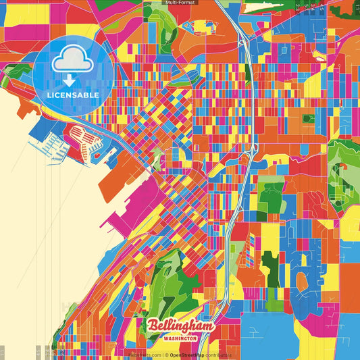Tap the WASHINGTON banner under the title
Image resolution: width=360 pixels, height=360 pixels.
pyautogui.click(x=180, y=337)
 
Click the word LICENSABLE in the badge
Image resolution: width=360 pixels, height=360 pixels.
pyautogui.click(x=73, y=95)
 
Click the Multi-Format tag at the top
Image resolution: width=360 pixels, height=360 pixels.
pyautogui.click(x=179, y=3)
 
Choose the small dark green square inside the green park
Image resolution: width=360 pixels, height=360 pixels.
pyautogui.click(x=308, y=118)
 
